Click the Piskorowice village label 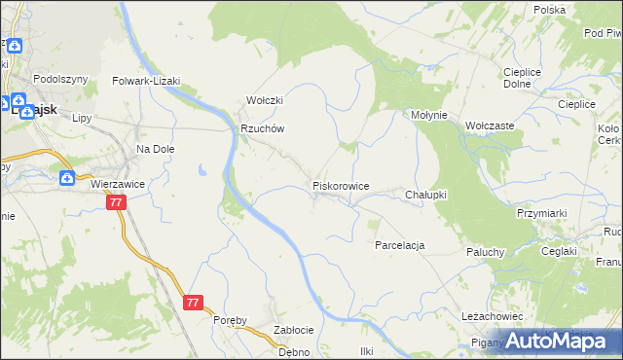coord(340,185)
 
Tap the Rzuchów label coord(262,129)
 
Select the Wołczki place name coord(264,101)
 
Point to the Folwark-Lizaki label coord(147,82)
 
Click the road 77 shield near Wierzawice coord(116,202)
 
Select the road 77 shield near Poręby coord(193,303)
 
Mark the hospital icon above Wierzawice coord(66,178)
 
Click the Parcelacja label coord(400,245)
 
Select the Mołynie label coord(428,115)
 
